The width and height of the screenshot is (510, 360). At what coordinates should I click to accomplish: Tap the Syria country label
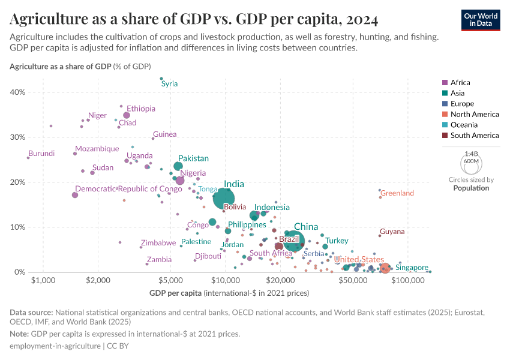(x=170, y=83)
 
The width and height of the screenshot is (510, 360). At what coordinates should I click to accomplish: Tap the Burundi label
(x=41, y=154)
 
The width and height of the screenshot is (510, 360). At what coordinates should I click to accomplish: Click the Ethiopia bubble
(x=127, y=115)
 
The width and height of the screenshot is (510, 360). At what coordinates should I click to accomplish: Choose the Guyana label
(x=392, y=231)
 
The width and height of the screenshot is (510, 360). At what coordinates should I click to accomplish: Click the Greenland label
(x=397, y=193)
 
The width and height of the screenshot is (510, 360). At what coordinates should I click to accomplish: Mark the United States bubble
(x=385, y=268)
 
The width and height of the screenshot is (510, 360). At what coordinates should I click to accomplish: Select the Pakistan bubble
(x=178, y=166)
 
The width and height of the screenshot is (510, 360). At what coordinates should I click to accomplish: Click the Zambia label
(x=159, y=260)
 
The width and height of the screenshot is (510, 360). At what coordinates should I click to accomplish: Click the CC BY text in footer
(x=118, y=346)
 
